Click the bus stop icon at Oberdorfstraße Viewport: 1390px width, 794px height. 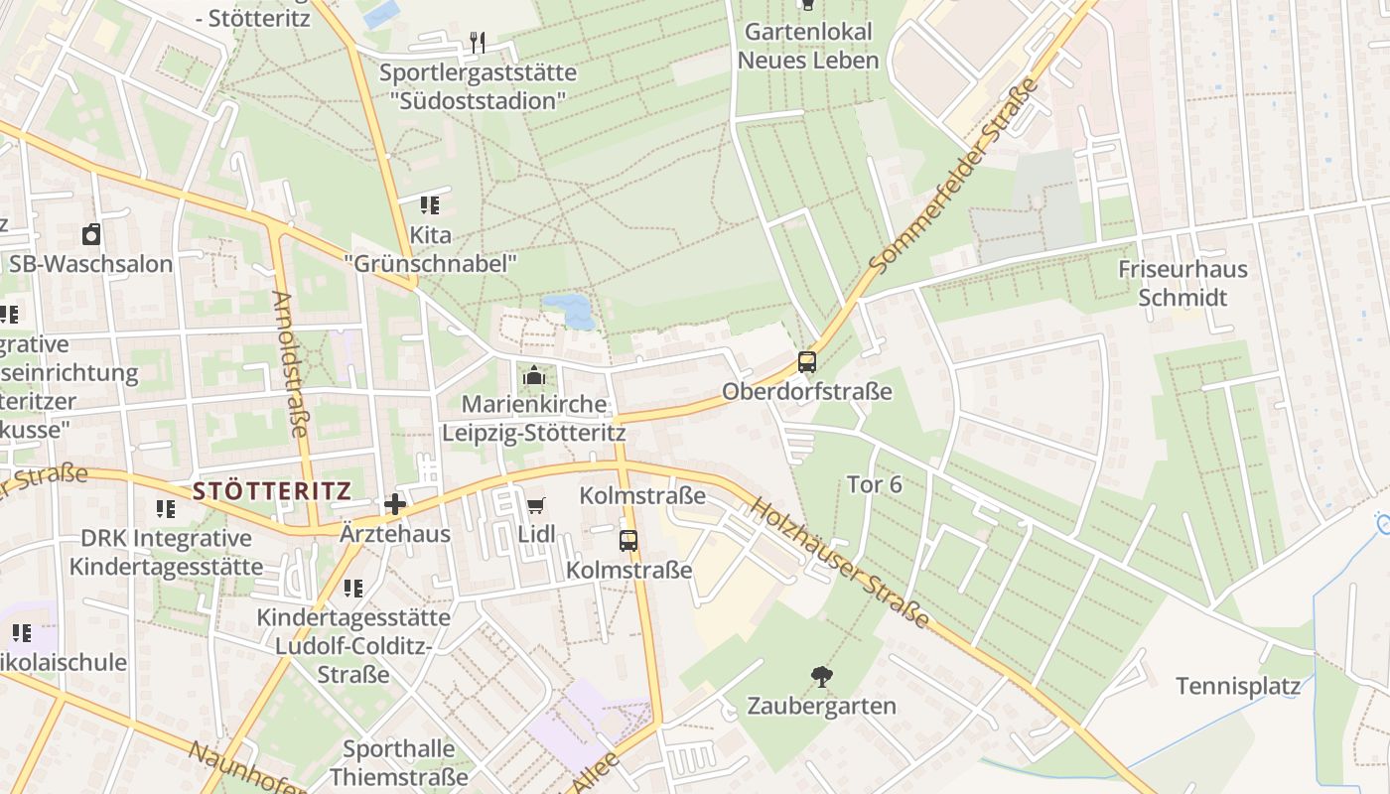tap(807, 362)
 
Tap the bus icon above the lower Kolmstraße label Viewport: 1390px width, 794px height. tap(628, 541)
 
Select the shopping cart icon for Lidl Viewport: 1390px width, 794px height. tap(536, 505)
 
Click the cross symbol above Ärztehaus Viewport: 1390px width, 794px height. tap(395, 504)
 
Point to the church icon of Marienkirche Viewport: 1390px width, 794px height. tap(534, 376)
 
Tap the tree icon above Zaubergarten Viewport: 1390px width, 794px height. tap(821, 677)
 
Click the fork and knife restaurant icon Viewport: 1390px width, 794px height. tap(479, 43)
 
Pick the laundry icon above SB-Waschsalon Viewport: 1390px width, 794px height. tap(91, 234)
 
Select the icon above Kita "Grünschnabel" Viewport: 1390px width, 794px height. tap(430, 205)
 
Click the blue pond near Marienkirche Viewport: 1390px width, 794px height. tap(570, 310)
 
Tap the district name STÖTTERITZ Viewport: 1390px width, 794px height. tap(272, 490)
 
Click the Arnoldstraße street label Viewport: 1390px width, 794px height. tap(290, 363)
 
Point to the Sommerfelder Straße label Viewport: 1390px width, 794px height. tap(954, 177)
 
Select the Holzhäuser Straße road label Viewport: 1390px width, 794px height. tap(840, 563)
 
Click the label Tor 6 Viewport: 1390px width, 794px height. tap(875, 484)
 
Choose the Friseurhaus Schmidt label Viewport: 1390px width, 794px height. tap(1182, 283)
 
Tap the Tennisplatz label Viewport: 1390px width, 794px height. tap(1237, 686)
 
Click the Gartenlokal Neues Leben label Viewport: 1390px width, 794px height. tap(809, 46)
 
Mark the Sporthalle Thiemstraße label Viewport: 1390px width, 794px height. tap(399, 762)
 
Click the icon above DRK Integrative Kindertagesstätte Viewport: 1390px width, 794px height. tap(166, 509)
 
